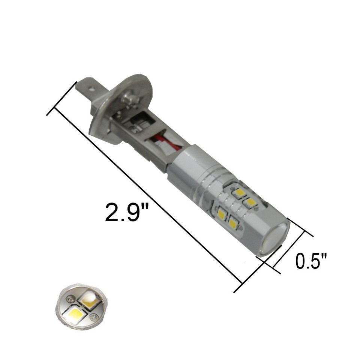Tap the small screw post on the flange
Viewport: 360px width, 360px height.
click(130, 99)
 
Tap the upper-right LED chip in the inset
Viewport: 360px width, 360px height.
click(90, 299)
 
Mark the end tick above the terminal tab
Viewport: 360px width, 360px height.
click(62, 98)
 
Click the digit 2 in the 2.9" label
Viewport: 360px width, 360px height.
click(111, 212)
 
